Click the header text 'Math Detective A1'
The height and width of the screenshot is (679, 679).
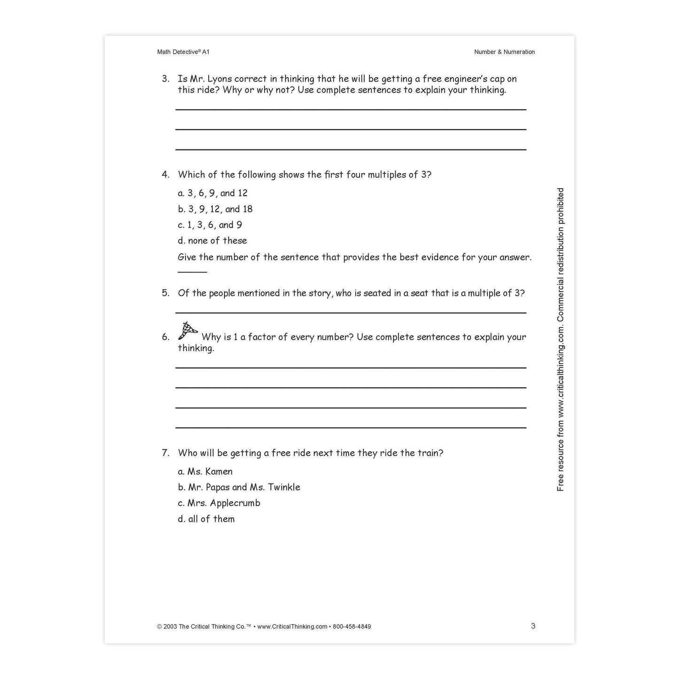(x=183, y=52)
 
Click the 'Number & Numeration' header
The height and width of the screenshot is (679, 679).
(x=504, y=52)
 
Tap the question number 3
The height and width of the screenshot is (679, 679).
(x=165, y=79)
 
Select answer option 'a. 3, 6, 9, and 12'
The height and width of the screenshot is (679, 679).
(x=212, y=193)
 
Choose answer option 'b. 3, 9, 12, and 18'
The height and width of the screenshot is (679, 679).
(x=215, y=209)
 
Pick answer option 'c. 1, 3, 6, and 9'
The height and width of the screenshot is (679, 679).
(x=210, y=225)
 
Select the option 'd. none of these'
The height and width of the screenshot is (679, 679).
(x=212, y=241)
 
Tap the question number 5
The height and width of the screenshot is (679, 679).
(x=165, y=293)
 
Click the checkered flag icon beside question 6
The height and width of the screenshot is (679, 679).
(x=187, y=331)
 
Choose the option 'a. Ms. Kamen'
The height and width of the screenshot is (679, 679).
(x=205, y=472)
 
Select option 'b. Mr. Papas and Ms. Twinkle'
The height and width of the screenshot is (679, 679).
(x=239, y=487)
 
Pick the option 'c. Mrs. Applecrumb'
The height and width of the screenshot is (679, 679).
(x=219, y=503)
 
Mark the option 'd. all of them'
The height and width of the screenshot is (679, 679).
(x=206, y=519)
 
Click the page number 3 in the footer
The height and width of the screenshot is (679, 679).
(x=533, y=626)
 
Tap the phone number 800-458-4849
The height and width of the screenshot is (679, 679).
(x=352, y=626)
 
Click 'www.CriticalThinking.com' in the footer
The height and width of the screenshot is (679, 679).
(x=292, y=626)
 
